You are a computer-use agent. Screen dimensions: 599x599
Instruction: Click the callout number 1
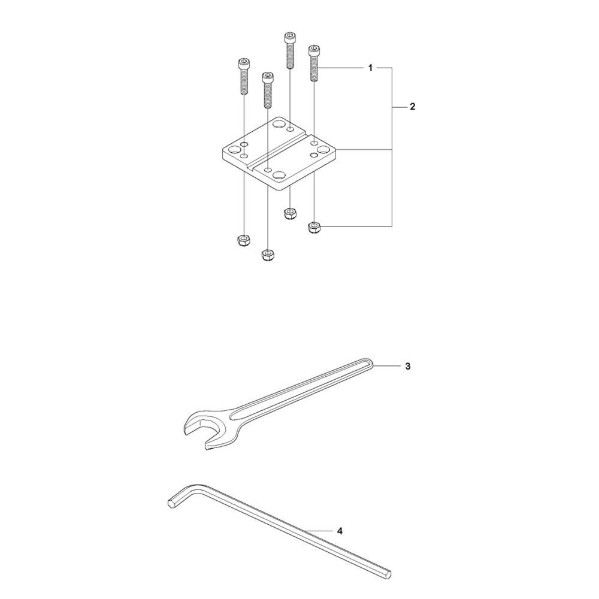(370, 68)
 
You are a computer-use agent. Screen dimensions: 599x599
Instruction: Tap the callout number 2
(412, 107)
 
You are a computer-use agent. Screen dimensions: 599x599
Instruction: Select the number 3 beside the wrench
(408, 367)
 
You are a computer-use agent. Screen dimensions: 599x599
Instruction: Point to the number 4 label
(340, 531)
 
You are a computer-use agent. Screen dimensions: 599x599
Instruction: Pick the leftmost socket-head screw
(244, 76)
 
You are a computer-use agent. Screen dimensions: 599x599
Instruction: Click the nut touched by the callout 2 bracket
(314, 228)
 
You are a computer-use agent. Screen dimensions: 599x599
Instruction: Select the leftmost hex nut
(243, 241)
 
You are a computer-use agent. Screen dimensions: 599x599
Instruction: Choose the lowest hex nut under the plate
(267, 255)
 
